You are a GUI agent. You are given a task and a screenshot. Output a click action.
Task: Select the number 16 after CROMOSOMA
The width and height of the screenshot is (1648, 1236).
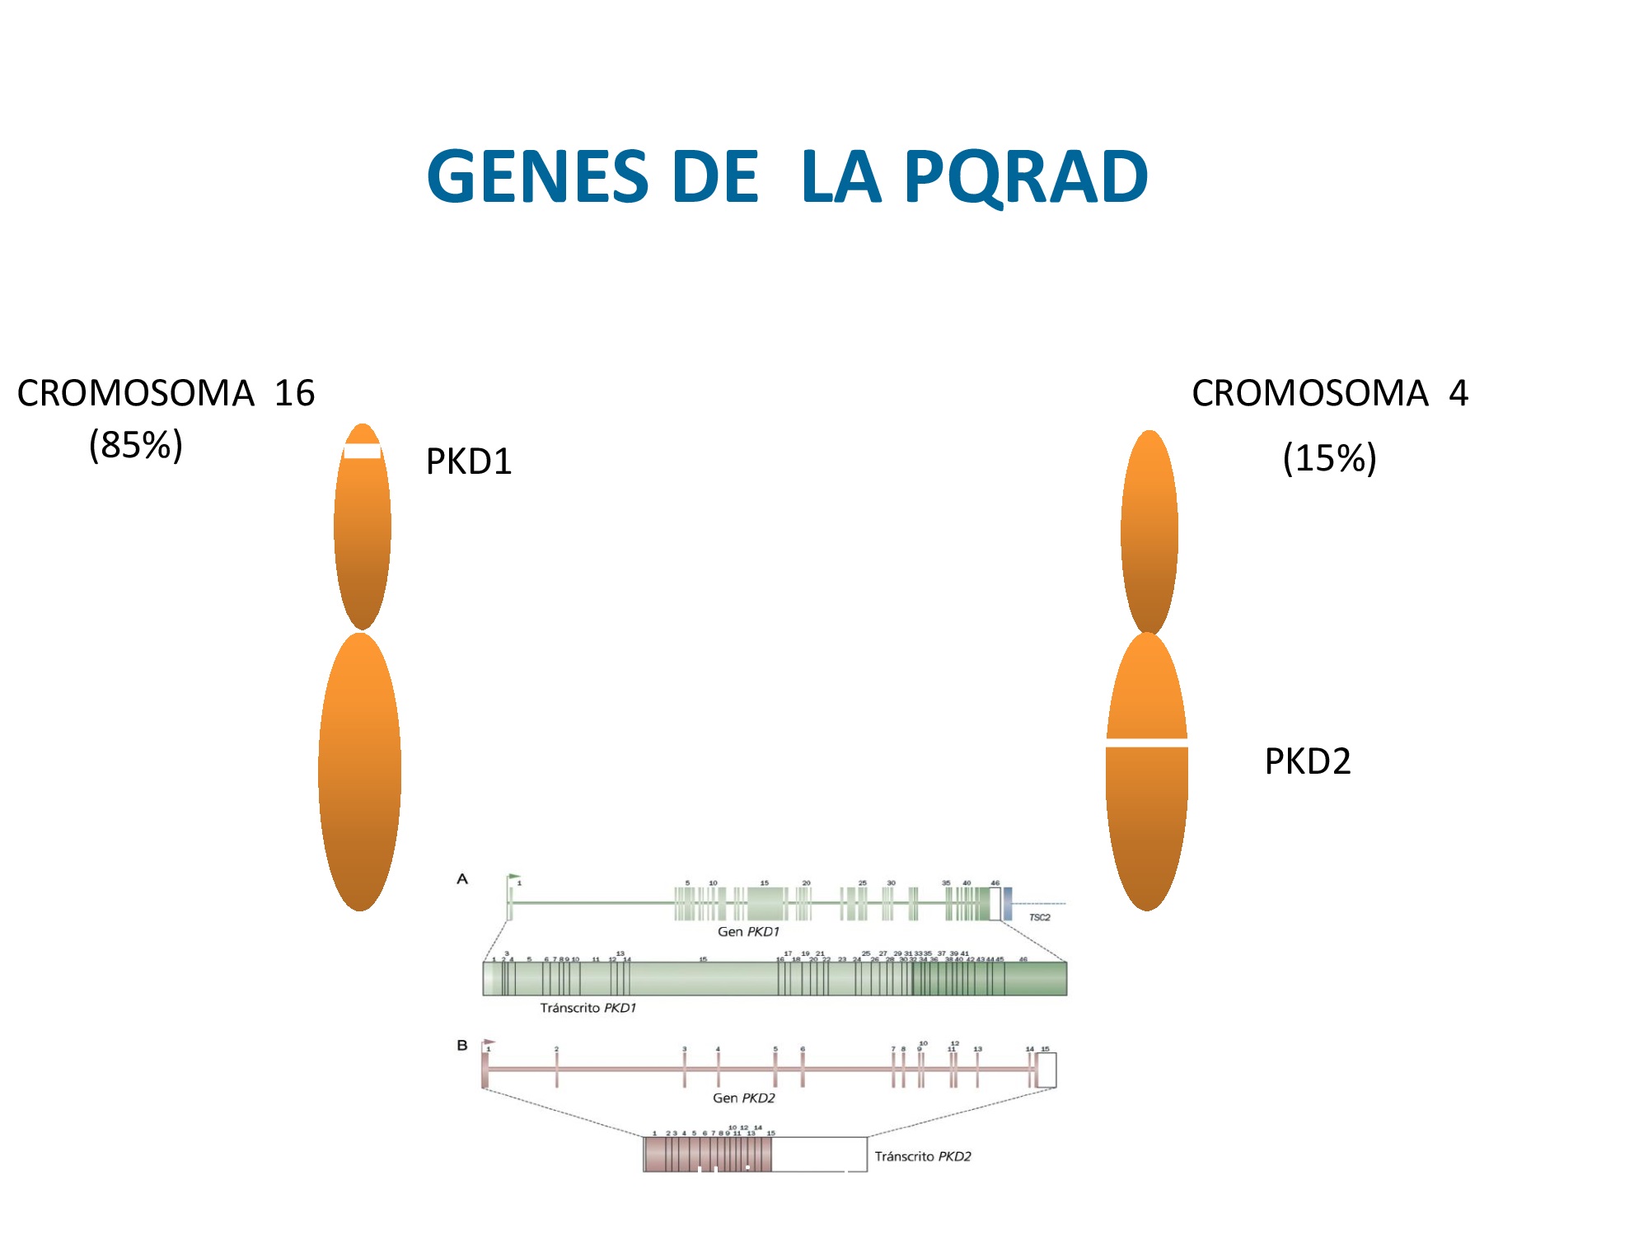(x=294, y=393)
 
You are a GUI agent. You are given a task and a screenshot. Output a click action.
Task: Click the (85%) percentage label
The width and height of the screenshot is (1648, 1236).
(x=136, y=445)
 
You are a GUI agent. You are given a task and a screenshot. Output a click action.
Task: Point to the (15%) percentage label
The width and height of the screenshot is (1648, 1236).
(x=1329, y=458)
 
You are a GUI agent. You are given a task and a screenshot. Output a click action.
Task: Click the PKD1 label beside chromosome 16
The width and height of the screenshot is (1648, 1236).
(x=469, y=461)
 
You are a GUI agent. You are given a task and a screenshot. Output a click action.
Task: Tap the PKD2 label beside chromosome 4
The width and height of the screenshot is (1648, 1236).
(x=1308, y=761)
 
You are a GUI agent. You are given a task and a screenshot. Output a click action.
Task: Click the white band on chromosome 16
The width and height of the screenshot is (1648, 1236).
(x=363, y=451)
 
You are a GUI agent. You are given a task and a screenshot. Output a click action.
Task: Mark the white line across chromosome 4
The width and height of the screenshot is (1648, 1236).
(x=1147, y=743)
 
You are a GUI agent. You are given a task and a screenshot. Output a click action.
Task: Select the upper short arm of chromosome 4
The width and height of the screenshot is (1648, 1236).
(x=1149, y=531)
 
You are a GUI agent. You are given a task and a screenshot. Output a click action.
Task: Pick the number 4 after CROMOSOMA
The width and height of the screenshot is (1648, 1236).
(x=1458, y=393)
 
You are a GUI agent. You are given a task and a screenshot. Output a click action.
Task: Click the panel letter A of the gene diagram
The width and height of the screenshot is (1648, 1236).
(x=462, y=879)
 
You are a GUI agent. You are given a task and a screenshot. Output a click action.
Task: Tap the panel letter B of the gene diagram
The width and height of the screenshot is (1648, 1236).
(x=462, y=1046)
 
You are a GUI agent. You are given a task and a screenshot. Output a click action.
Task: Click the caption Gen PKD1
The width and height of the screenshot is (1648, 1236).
(x=748, y=932)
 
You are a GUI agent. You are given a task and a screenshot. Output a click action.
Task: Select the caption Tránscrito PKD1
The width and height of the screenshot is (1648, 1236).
(x=588, y=1008)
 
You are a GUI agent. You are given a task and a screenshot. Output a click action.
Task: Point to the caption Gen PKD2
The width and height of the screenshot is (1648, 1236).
(x=743, y=1098)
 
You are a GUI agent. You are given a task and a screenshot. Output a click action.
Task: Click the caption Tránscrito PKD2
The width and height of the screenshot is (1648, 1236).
(x=923, y=1157)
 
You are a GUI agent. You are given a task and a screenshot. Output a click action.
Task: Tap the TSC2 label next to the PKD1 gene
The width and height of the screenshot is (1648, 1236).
(x=1039, y=917)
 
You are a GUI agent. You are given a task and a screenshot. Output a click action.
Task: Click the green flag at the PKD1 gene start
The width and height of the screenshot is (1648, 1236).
(x=514, y=877)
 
